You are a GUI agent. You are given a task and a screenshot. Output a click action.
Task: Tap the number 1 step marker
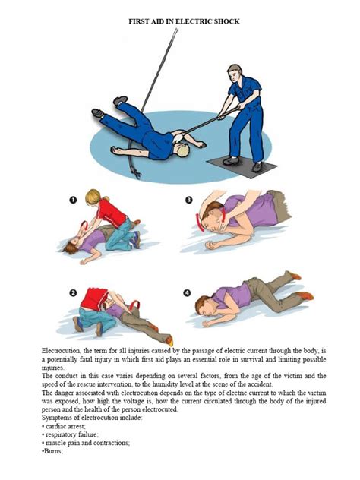74,201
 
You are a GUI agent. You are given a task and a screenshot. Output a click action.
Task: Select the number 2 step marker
74,292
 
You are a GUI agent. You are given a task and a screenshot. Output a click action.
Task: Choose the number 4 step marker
188,292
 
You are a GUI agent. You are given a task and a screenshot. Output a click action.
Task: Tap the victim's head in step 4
207,308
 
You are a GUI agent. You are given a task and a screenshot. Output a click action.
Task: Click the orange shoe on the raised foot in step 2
169,339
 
